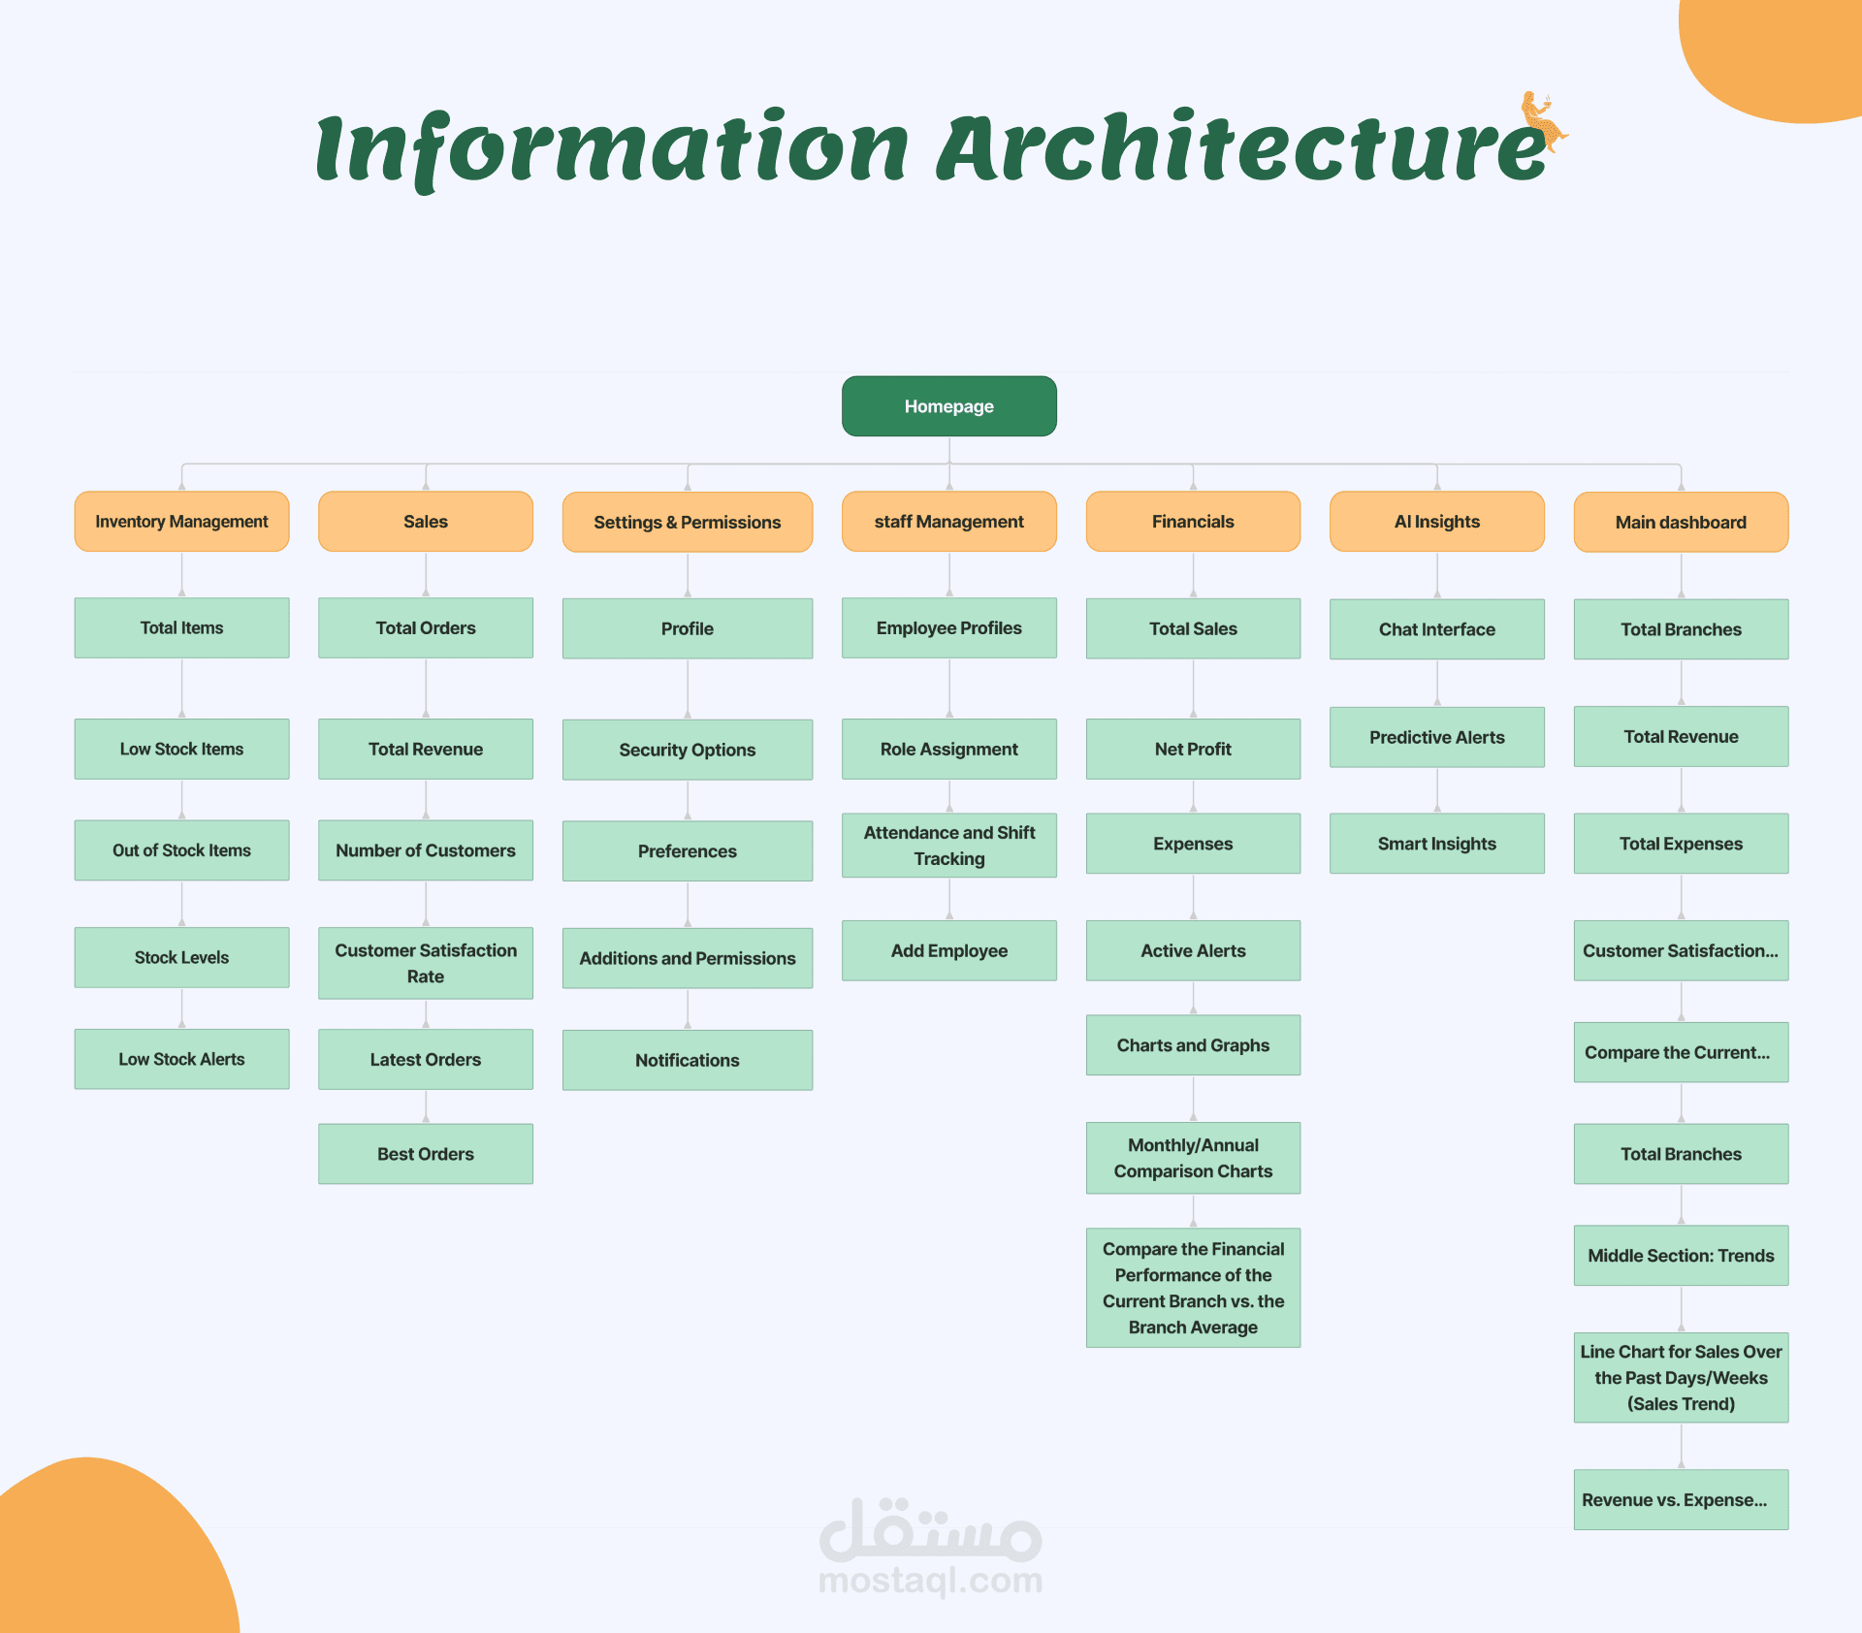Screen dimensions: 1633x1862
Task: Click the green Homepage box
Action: (x=948, y=406)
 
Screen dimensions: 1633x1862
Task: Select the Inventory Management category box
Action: (x=181, y=522)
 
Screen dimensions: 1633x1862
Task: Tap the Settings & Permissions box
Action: (x=687, y=523)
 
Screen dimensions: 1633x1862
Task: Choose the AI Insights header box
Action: (x=1436, y=522)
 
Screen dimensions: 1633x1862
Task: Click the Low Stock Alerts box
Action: (x=181, y=1059)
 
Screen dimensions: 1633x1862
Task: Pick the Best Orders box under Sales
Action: (x=425, y=1154)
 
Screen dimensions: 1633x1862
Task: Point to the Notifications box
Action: (x=687, y=1060)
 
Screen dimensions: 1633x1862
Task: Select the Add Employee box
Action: (x=948, y=950)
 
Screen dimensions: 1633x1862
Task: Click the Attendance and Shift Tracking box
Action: (x=948, y=846)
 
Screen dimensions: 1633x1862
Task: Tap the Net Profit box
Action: (x=1193, y=749)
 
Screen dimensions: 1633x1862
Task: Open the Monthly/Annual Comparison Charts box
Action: (x=1193, y=1158)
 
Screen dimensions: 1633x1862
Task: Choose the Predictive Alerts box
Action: (x=1436, y=737)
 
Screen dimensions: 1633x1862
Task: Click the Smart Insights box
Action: (x=1436, y=844)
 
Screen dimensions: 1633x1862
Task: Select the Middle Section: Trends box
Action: (x=1681, y=1256)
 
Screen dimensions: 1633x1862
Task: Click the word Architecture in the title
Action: (x=1241, y=147)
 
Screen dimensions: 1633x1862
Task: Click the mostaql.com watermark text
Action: (x=930, y=1581)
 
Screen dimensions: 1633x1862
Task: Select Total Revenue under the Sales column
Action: (x=425, y=749)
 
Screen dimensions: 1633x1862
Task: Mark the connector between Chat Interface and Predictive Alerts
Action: (x=1437, y=683)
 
